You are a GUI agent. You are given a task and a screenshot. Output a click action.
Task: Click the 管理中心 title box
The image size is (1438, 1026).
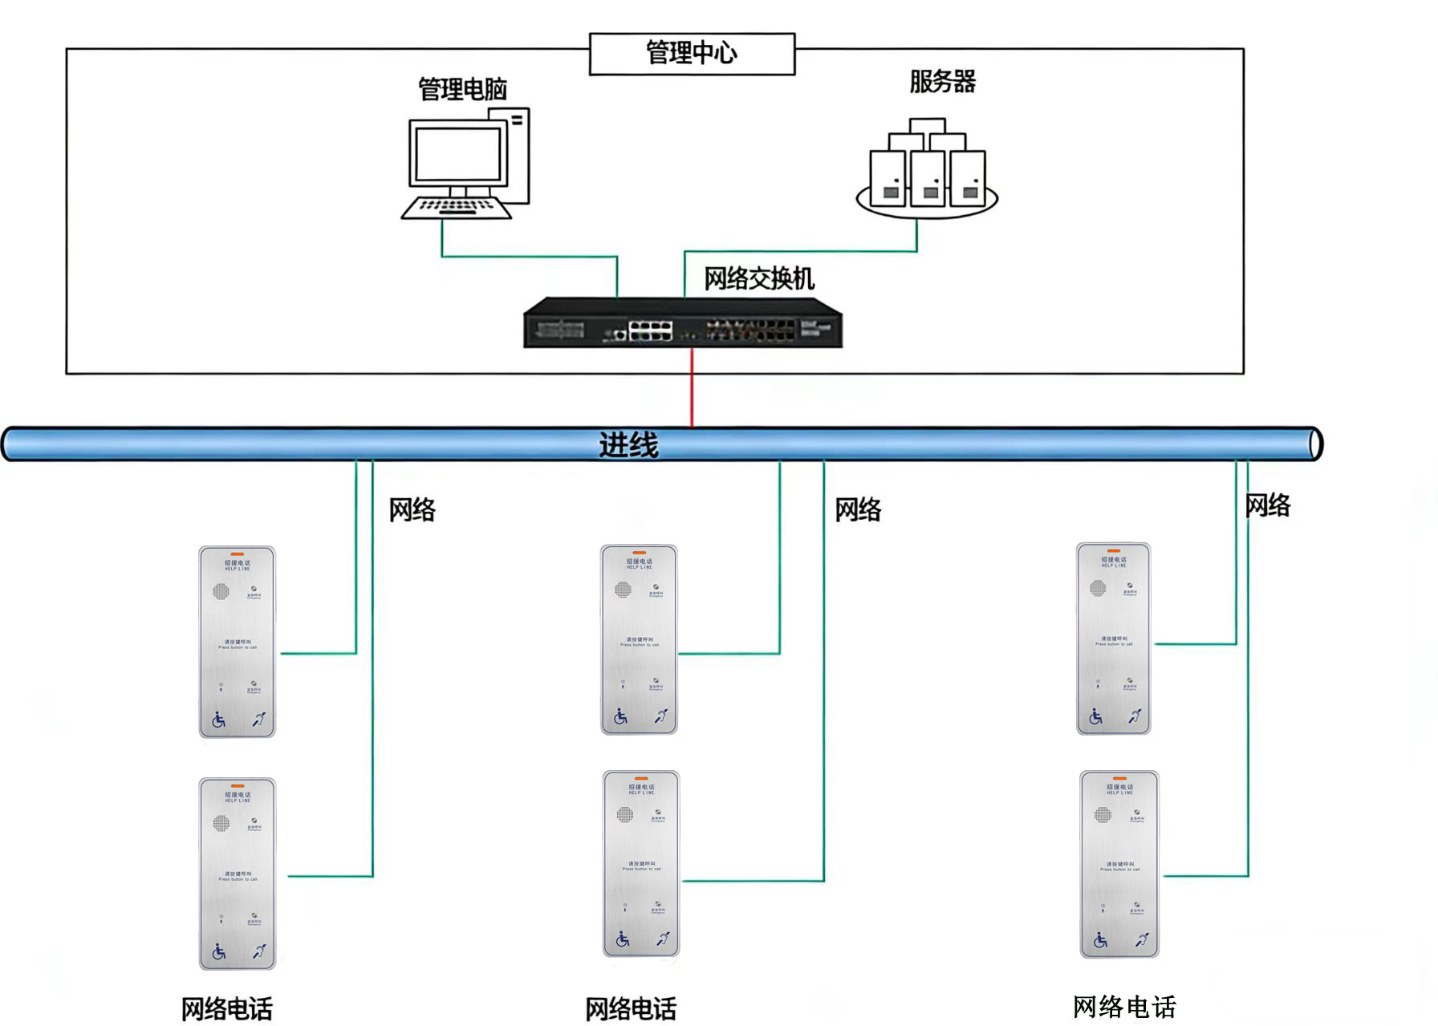692,54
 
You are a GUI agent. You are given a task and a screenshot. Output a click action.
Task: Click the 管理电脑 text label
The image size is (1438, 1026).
462,89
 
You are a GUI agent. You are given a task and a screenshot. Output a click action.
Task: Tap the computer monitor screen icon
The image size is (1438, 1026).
457,153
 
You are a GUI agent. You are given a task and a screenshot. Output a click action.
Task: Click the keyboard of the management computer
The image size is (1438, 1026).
456,208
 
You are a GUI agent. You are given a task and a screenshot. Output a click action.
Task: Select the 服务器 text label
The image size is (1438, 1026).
942,82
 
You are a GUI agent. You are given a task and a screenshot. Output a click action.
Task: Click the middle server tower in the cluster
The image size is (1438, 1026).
927,179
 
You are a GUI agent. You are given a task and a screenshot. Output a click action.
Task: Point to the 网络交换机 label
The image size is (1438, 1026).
759,279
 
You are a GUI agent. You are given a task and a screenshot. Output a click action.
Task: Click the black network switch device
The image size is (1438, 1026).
683,323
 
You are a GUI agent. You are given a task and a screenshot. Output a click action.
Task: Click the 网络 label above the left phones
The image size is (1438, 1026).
412,510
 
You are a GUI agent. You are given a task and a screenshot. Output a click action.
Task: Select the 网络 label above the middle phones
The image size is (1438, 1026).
858,510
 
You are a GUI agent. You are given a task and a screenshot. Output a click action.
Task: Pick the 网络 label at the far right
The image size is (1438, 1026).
1267,506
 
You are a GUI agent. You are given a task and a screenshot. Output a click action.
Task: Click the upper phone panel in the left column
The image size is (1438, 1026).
238,642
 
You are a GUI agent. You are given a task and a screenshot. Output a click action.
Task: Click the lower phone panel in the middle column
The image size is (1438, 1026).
641,863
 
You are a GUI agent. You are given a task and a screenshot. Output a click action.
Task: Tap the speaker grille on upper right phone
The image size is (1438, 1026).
1097,588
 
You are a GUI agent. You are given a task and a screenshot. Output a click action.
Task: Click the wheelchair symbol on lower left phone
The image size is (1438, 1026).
219,952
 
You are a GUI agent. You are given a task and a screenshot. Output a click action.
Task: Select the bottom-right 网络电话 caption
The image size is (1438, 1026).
1123,1007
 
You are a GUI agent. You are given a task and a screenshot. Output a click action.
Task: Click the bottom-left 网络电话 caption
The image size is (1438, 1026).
226,1008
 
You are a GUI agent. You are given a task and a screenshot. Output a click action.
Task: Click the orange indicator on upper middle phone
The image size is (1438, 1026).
639,553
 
